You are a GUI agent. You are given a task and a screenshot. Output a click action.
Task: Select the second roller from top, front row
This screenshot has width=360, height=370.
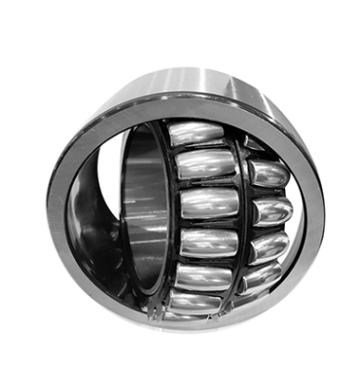click(204, 166)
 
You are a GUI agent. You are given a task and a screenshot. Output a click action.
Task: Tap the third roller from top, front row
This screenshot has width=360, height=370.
click(208, 203)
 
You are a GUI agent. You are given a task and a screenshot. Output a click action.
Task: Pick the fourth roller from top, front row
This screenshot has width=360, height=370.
click(207, 241)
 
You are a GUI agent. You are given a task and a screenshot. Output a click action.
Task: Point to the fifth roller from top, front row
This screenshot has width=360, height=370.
click(202, 277)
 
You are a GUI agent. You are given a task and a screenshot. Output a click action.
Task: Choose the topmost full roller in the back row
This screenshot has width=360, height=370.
click(266, 174)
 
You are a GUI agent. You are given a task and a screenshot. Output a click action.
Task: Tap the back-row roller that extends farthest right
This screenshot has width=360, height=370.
click(273, 209)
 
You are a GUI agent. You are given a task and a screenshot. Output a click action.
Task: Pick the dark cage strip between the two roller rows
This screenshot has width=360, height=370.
click(242, 209)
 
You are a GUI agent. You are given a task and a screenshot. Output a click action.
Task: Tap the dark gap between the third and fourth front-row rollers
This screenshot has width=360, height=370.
click(208, 223)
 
